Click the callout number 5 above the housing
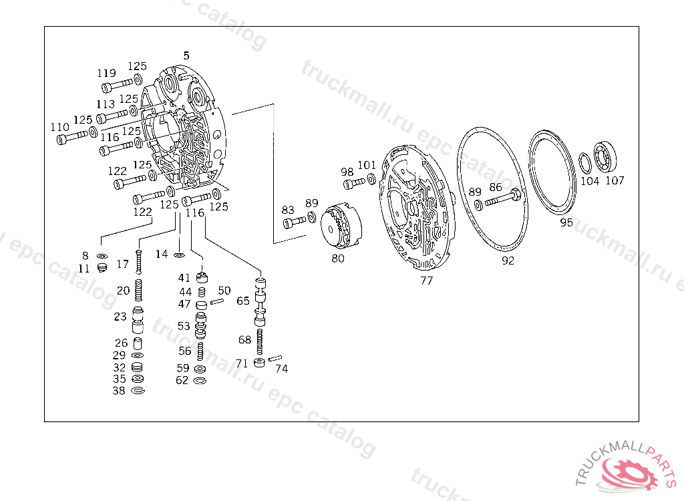click(x=186, y=56)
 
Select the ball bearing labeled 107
click(x=605, y=156)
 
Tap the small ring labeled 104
click(x=585, y=163)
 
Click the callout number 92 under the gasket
click(x=508, y=261)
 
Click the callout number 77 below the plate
click(x=426, y=281)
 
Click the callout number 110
click(x=59, y=127)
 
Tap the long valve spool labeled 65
click(x=260, y=301)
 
